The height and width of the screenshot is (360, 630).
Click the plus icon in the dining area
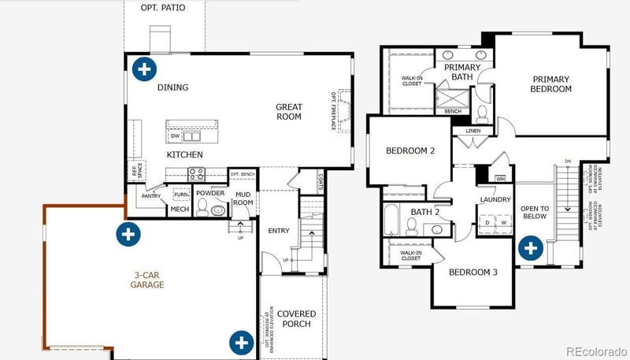[x=143, y=69]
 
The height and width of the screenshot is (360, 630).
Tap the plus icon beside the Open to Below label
[x=532, y=248]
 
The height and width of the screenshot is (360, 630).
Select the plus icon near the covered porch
[x=241, y=342]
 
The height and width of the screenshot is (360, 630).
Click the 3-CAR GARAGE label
[x=148, y=280]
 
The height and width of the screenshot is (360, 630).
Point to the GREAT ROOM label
[x=288, y=112]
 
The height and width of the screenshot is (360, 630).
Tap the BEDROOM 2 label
[x=410, y=150]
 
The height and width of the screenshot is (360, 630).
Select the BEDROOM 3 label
[x=473, y=273]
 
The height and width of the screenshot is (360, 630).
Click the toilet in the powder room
[x=202, y=209]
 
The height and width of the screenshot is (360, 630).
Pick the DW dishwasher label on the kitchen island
[x=175, y=135]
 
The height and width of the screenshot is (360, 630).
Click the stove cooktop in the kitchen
[x=195, y=173]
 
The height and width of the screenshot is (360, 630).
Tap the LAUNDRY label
[x=496, y=200]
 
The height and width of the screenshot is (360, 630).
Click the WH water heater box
[x=499, y=179]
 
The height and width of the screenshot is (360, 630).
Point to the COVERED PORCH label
[x=297, y=319]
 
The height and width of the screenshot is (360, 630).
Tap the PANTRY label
[x=151, y=196]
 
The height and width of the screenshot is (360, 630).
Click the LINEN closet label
[x=473, y=131]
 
